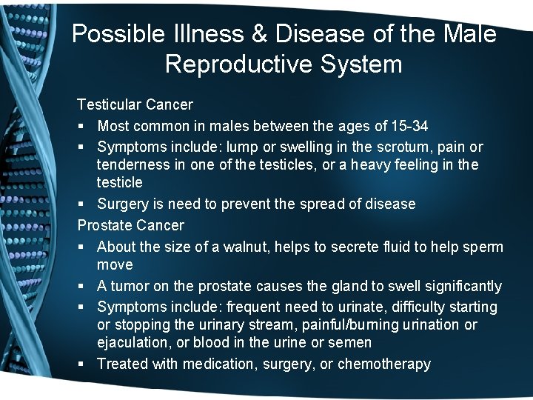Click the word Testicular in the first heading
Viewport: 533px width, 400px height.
pyautogui.click(x=108, y=105)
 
